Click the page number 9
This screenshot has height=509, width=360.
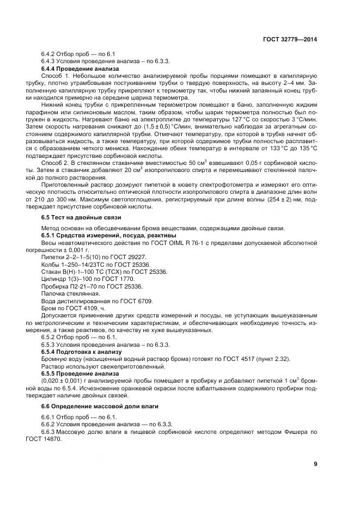[x=315, y=464]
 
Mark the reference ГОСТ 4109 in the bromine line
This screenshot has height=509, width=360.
[x=75, y=308]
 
